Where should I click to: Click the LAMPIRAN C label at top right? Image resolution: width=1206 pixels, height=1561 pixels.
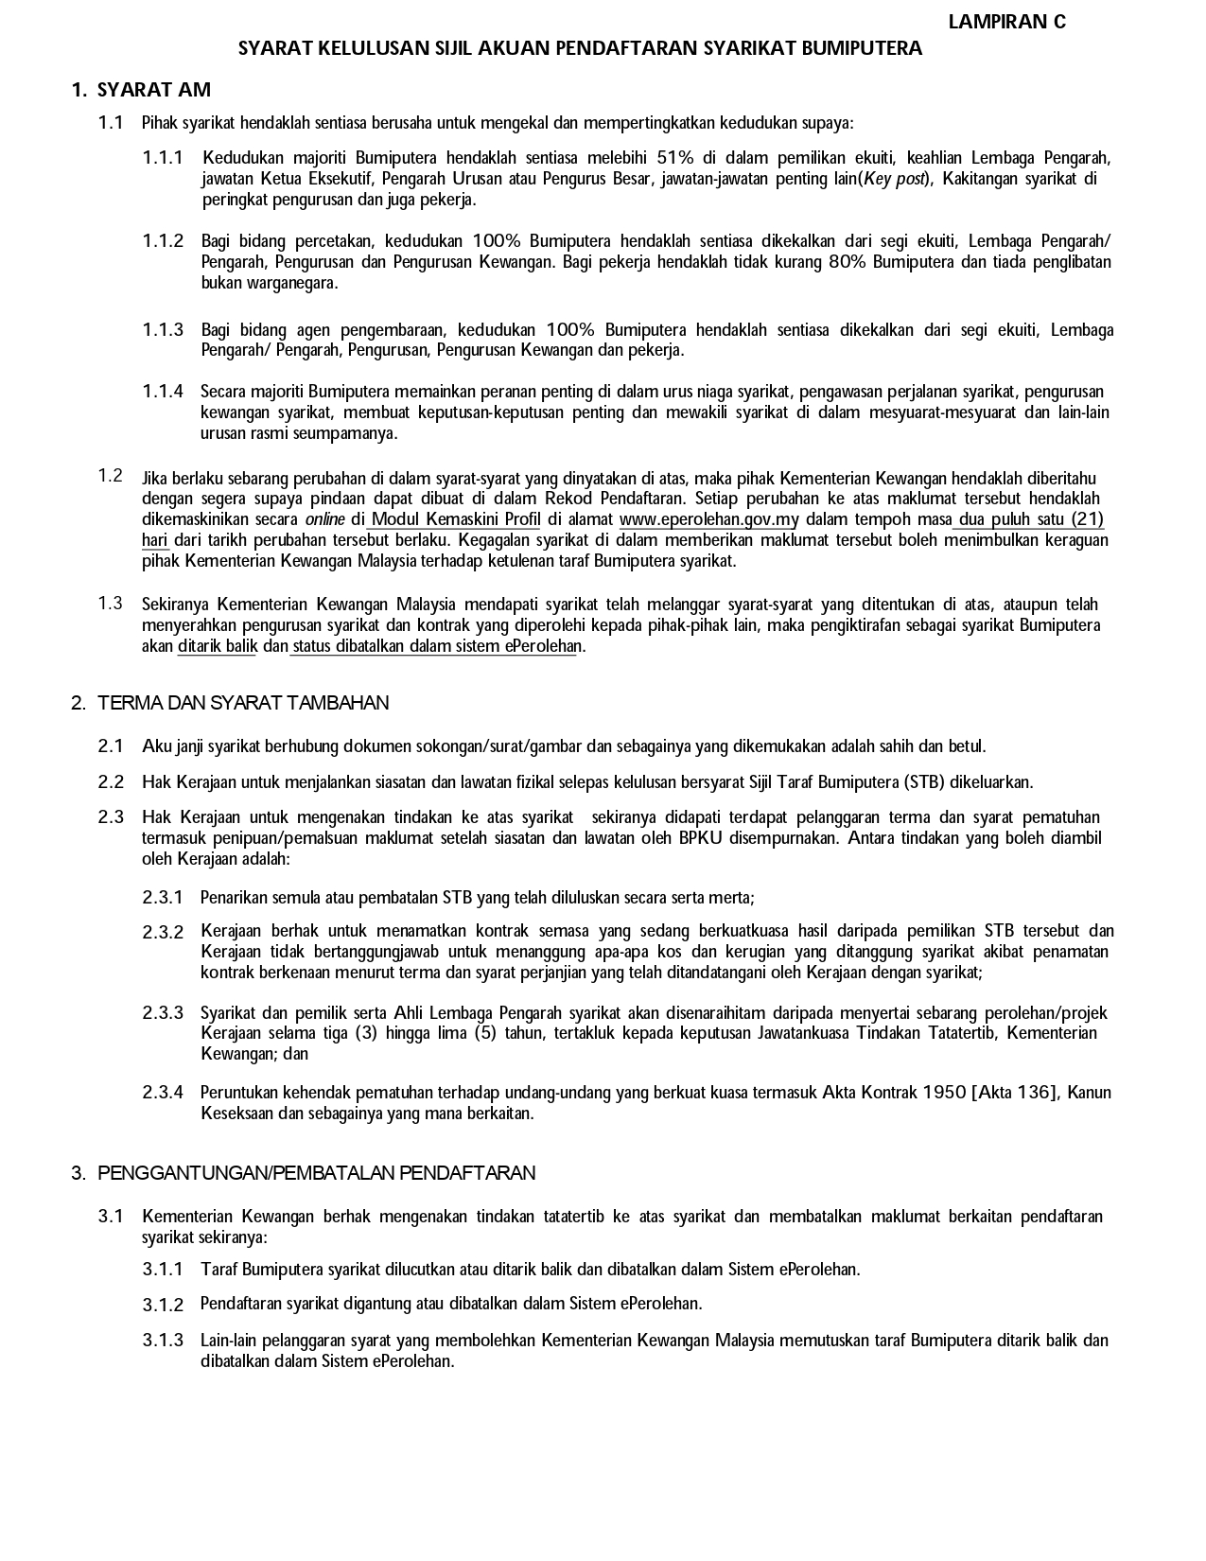pos(1006,22)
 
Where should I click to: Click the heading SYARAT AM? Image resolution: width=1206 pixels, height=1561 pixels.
pos(154,90)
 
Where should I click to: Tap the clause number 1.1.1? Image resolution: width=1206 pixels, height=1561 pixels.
pos(163,157)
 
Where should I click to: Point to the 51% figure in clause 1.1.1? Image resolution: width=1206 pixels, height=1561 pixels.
pos(675,157)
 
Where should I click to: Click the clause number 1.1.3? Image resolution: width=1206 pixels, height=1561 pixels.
pos(163,329)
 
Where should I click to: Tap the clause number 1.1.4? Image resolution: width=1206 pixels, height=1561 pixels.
pos(163,392)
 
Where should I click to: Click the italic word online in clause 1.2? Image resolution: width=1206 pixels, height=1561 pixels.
pos(324,519)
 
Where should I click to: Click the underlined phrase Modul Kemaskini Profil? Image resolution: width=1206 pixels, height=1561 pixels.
pos(456,519)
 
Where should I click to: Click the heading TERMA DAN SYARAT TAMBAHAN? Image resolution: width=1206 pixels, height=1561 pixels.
pos(243,703)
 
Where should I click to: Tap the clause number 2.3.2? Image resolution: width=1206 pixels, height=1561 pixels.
pos(163,932)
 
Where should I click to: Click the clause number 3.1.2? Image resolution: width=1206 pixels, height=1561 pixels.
pos(163,1305)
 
